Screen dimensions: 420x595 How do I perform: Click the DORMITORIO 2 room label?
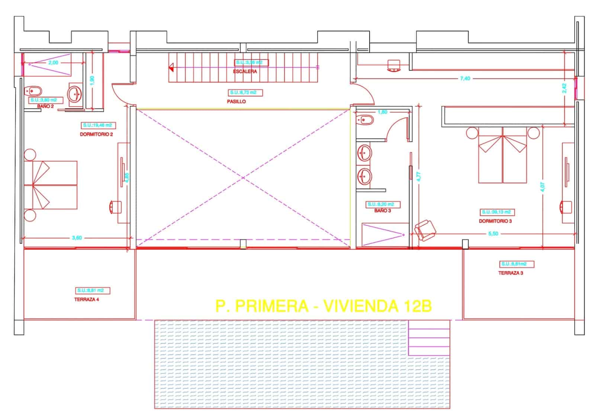(96, 134)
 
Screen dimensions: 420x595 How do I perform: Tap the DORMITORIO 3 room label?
(495, 221)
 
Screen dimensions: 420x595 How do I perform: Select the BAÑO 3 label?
(382, 211)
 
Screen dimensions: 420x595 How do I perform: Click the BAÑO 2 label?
(45, 106)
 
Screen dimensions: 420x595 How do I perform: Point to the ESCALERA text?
(245, 71)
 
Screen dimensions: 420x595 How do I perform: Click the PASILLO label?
(237, 101)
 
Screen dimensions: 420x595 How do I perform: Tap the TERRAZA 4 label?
(87, 299)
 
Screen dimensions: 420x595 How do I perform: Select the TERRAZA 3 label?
(511, 273)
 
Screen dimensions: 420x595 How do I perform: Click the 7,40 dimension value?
(465, 78)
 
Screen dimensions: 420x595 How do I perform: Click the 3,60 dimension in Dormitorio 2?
(77, 238)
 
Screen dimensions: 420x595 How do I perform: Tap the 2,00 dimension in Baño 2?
(53, 62)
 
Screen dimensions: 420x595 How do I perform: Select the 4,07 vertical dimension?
(543, 186)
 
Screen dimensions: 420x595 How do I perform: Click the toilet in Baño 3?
(364, 120)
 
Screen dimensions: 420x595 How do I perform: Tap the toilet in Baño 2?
(33, 91)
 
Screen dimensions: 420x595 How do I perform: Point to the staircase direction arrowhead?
(171, 67)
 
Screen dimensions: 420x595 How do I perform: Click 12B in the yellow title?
(415, 306)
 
